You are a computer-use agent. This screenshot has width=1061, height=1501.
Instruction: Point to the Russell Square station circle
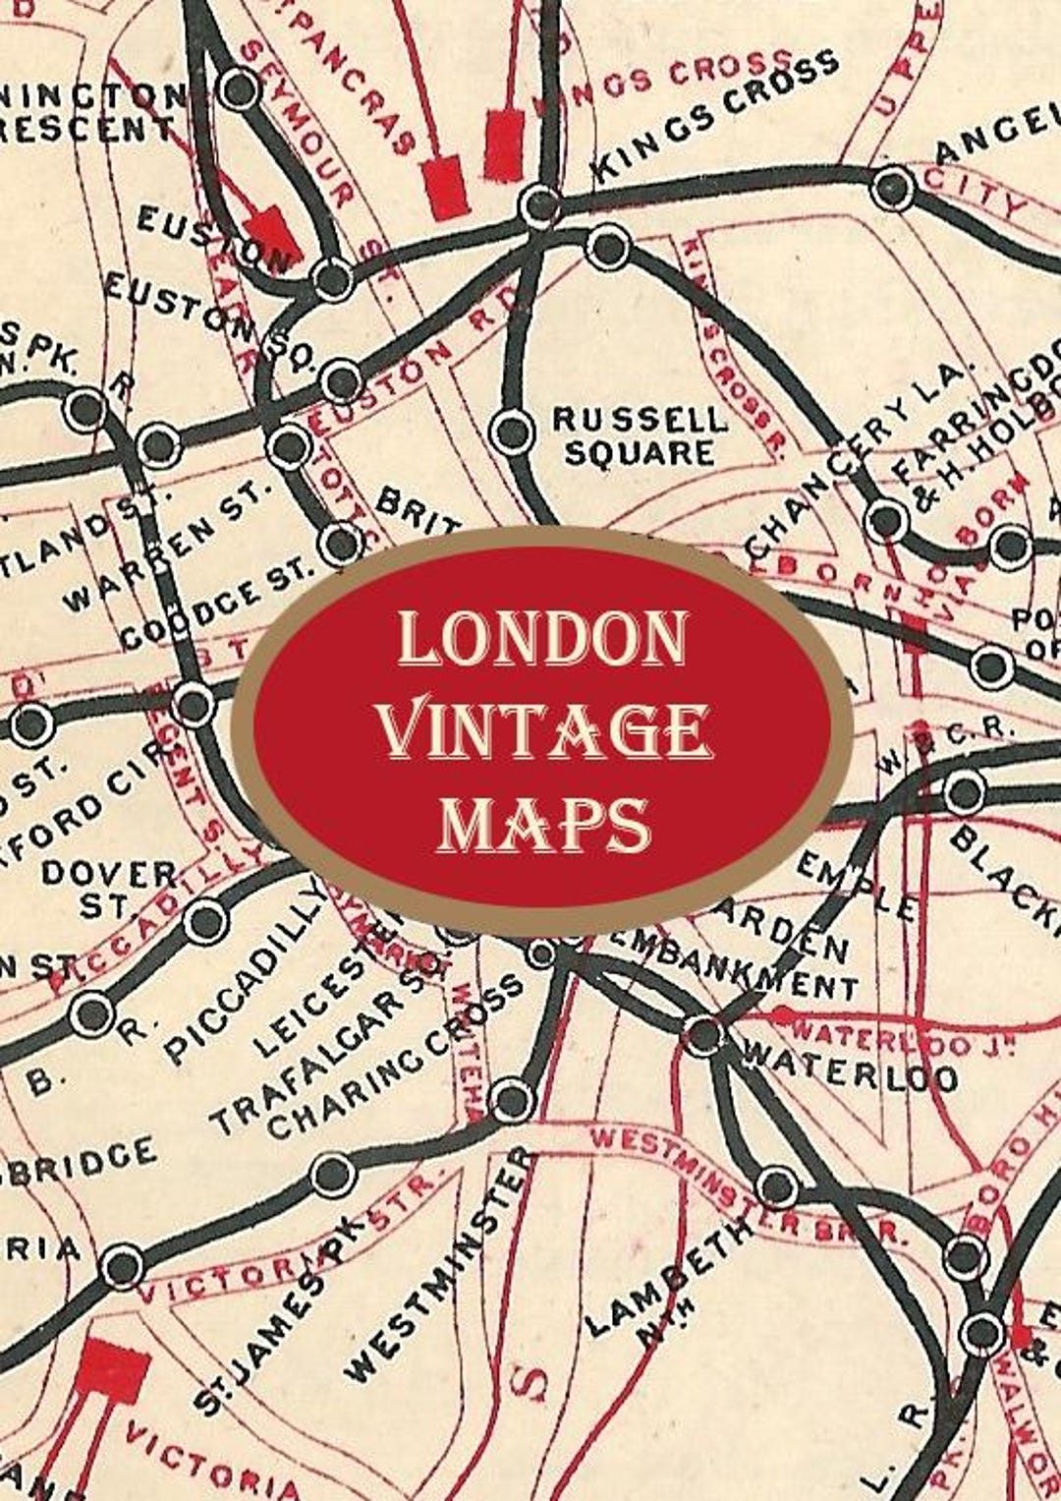pyautogui.click(x=511, y=431)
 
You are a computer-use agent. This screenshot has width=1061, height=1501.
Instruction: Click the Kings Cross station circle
pyautogui.click(x=539, y=204)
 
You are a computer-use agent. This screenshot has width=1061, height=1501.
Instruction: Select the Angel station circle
pyautogui.click(x=893, y=188)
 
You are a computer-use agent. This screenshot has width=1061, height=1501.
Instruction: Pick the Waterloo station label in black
pyautogui.click(x=851, y=1066)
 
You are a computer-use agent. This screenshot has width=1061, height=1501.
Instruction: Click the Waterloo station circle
pyautogui.click(x=703, y=1035)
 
